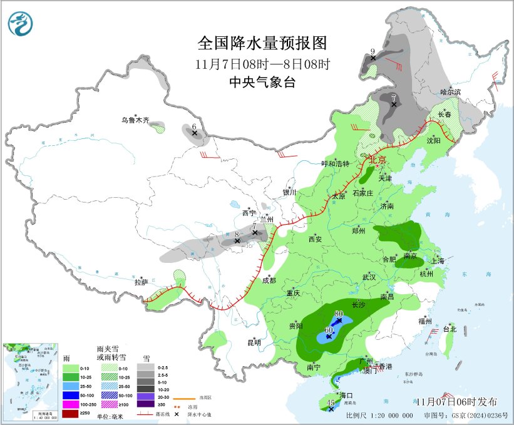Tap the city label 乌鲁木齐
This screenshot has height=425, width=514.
click(x=135, y=120)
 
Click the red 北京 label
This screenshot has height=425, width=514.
click(x=378, y=159)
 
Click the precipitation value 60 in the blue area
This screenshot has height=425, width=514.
click(x=329, y=329)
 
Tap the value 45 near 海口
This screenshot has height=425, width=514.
click(x=331, y=403)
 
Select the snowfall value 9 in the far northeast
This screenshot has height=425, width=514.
click(x=373, y=51)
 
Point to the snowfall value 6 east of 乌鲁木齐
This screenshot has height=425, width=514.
click(x=195, y=126)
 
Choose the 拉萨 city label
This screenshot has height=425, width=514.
click(x=141, y=282)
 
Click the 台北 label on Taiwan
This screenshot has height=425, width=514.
click(x=450, y=329)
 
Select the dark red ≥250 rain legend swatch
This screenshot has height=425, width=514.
click(x=71, y=413)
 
